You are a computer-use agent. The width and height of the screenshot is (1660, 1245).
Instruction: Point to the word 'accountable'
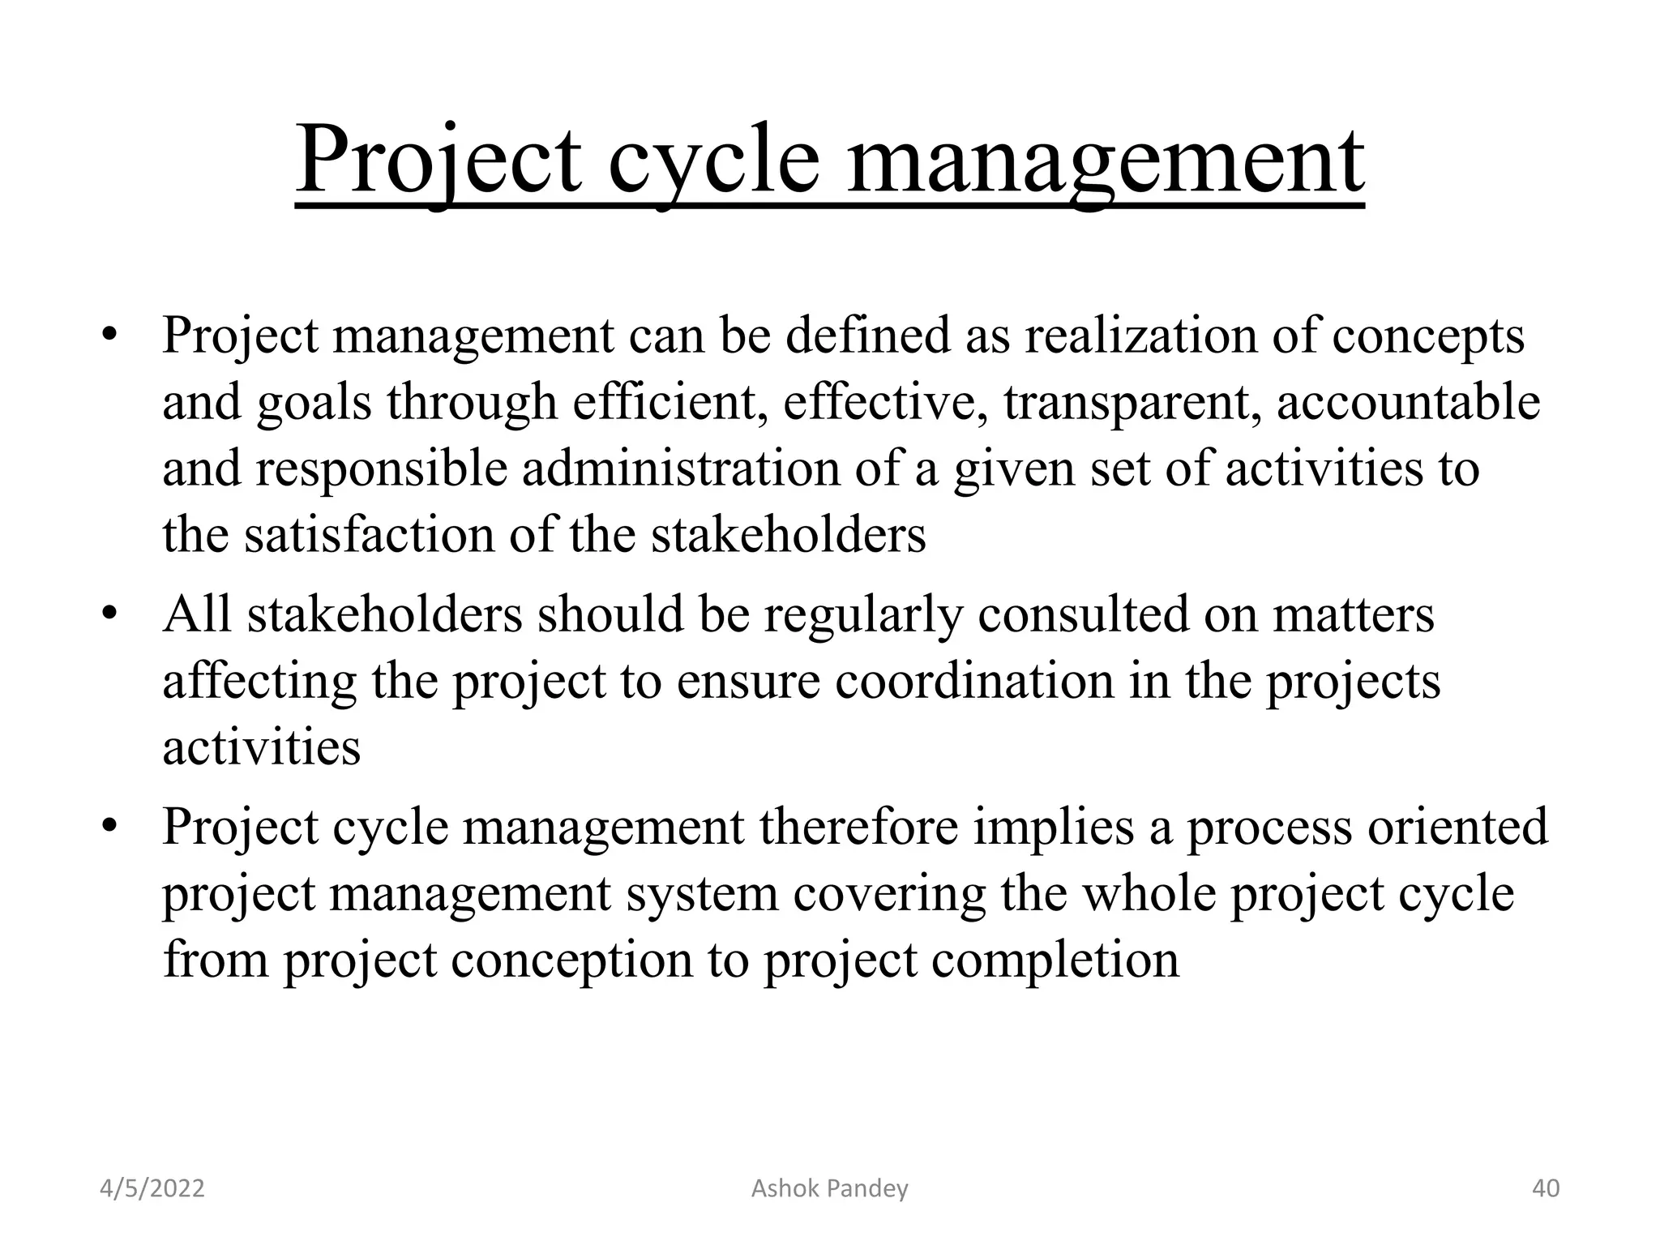(1408, 402)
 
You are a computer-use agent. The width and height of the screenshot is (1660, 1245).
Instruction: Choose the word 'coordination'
(974, 681)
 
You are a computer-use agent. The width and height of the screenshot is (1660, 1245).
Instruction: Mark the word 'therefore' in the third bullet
(858, 827)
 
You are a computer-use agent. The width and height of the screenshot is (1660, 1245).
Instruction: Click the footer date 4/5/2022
(152, 1188)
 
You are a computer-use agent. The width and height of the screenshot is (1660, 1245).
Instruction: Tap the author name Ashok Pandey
(829, 1188)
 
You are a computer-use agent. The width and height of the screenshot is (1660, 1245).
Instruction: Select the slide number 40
(1545, 1188)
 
